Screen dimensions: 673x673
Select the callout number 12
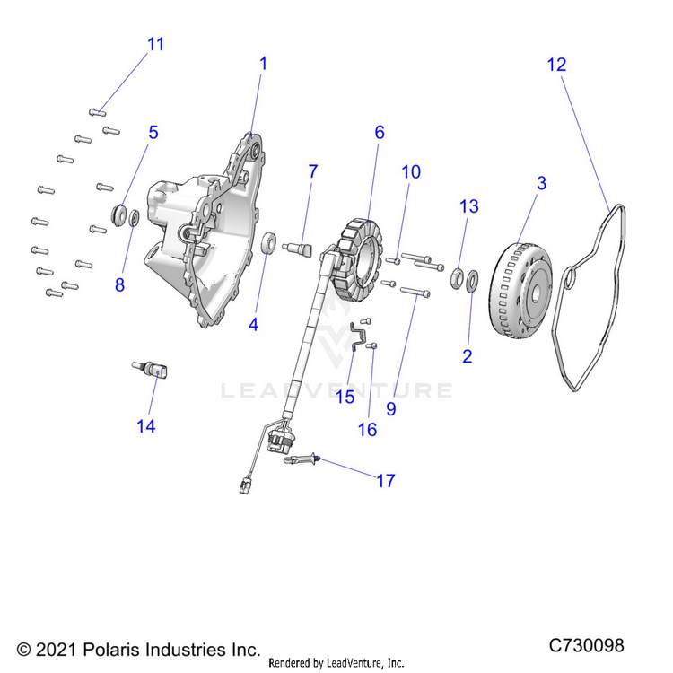point(556,65)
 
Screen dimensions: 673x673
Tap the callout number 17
point(385,482)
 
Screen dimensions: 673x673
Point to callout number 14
point(146,427)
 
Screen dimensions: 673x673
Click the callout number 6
point(380,133)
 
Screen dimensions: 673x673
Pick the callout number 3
point(541,183)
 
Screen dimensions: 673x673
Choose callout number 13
point(469,207)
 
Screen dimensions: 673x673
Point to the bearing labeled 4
point(267,244)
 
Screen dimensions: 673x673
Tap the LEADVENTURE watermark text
point(337,390)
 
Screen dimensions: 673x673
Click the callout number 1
point(263,65)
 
